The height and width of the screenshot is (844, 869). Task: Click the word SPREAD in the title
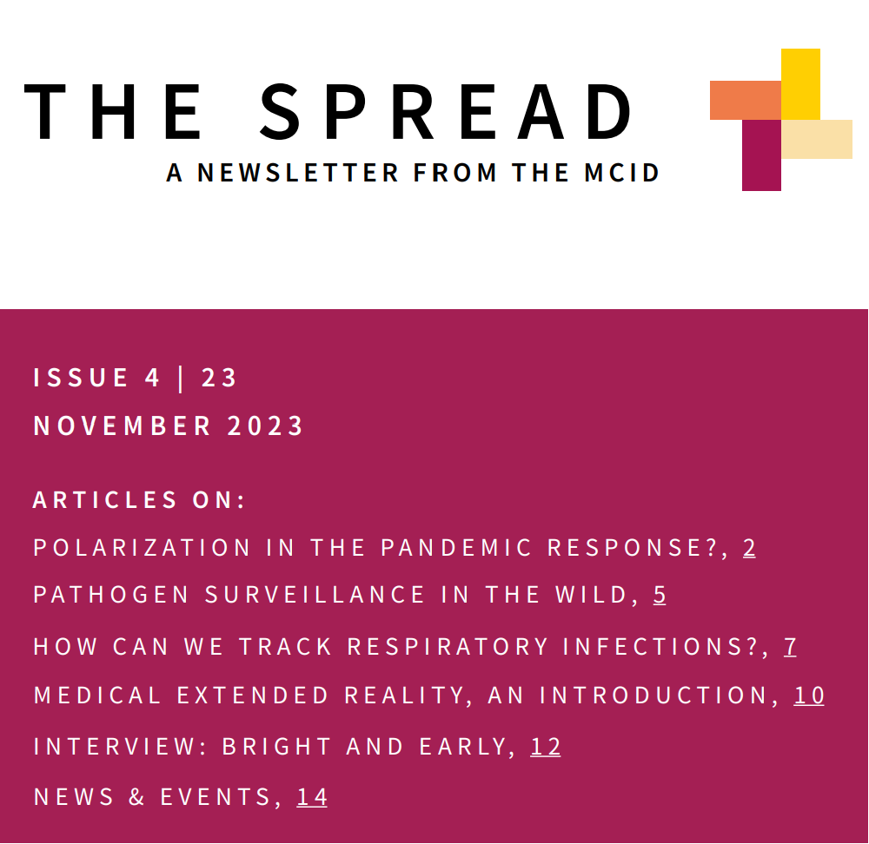pos(446,112)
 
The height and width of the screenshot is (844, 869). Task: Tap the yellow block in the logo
pos(800,84)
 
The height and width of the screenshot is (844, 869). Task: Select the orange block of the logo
pos(746,100)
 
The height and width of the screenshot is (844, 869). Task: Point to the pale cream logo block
pos(817,139)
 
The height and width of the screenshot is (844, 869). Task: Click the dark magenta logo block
pos(761,155)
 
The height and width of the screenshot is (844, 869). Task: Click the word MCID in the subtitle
pos(621,173)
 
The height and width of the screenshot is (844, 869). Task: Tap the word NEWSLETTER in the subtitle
pos(297,173)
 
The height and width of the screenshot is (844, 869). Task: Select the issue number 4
pos(152,379)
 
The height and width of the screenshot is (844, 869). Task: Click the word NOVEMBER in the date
pos(122,426)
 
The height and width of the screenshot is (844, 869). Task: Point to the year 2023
pos(265,426)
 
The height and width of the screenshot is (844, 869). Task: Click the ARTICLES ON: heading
pos(138,500)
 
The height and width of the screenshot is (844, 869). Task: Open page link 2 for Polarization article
pos(749,548)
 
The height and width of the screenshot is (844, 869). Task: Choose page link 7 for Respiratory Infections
pos(790,647)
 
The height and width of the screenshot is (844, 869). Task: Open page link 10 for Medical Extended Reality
pos(809,696)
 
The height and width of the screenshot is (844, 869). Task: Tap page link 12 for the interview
pos(546,747)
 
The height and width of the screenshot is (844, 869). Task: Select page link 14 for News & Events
pos(312,797)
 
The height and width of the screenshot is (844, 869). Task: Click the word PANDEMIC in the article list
pos(456,548)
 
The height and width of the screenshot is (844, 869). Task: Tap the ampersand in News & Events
pos(136,797)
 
